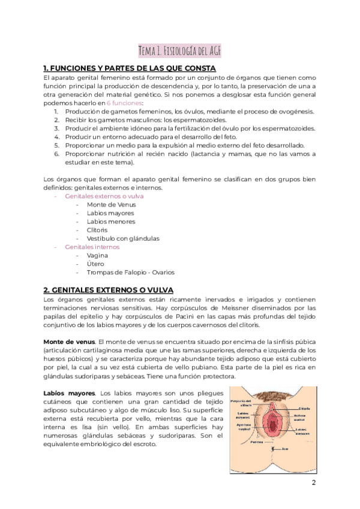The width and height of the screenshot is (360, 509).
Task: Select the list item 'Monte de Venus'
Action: coord(111,204)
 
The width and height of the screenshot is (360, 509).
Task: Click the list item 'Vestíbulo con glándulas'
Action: coord(123,238)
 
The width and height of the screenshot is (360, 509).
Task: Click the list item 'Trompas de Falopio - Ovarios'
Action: coord(130,272)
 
